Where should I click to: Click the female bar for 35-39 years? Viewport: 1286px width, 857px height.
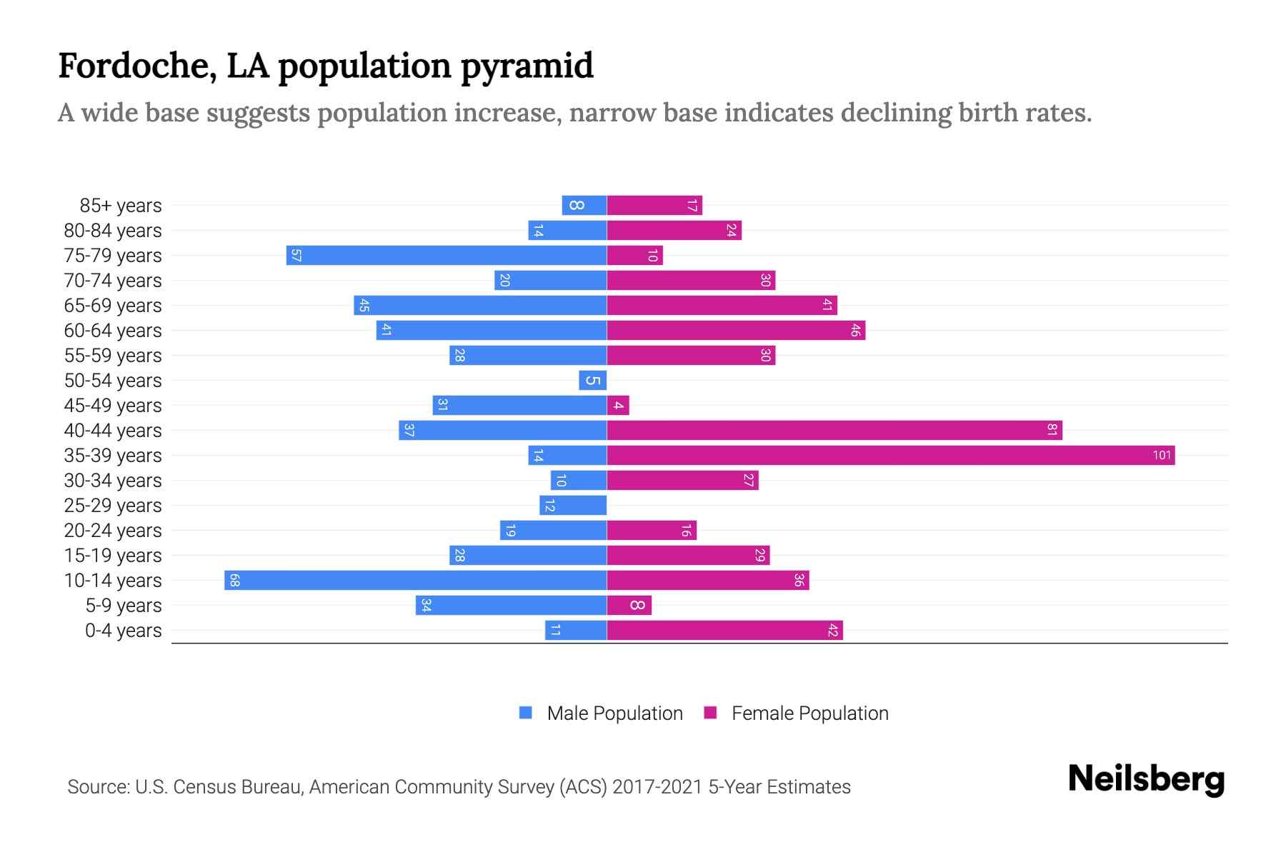(890, 456)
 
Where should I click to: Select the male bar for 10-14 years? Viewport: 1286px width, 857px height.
(415, 581)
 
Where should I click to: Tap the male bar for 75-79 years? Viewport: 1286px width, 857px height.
(447, 256)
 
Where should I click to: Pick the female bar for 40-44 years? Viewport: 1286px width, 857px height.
(834, 431)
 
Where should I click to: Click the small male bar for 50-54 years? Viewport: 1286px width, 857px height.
(592, 381)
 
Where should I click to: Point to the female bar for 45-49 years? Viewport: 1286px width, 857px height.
(618, 406)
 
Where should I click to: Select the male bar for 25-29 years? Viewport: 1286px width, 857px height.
(573, 506)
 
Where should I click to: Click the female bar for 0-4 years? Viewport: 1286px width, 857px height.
(724, 631)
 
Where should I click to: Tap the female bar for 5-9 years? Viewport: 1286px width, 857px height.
(629, 606)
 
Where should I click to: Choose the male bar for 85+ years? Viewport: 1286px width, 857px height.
(584, 206)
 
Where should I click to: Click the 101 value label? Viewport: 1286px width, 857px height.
(1162, 456)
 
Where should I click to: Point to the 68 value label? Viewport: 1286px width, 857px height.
(234, 581)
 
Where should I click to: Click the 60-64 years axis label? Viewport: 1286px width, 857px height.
(113, 331)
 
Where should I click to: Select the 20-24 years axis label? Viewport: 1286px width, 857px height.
(113, 531)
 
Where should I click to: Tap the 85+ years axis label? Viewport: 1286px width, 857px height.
(121, 206)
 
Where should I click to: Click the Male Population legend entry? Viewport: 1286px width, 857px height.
(614, 713)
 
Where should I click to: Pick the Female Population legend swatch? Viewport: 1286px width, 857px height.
(710, 713)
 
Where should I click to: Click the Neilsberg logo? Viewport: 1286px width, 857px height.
(1146, 779)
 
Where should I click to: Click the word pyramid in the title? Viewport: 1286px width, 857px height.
(527, 66)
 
